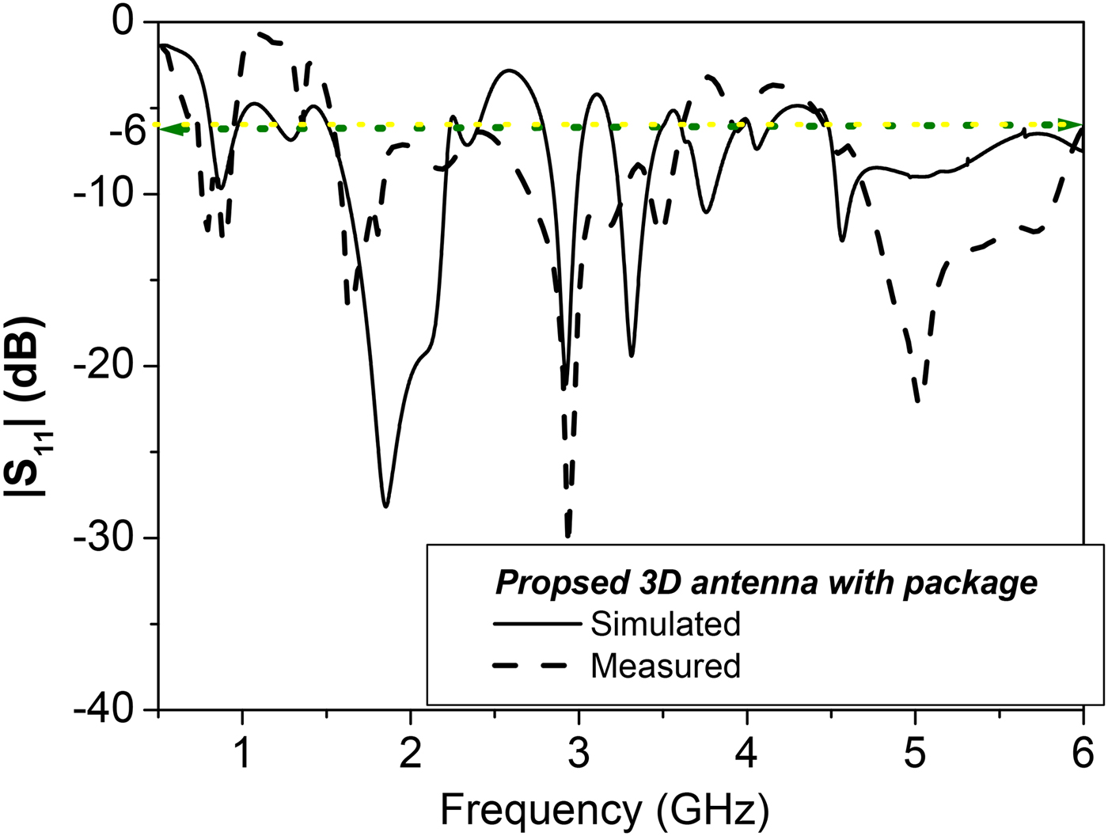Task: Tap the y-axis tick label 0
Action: [x=123, y=22]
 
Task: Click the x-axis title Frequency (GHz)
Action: [x=604, y=810]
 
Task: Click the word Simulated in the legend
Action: [x=665, y=624]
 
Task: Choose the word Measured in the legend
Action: [x=665, y=666]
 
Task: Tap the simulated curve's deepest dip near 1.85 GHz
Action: [x=385, y=505]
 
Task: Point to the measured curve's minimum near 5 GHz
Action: [x=917, y=401]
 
